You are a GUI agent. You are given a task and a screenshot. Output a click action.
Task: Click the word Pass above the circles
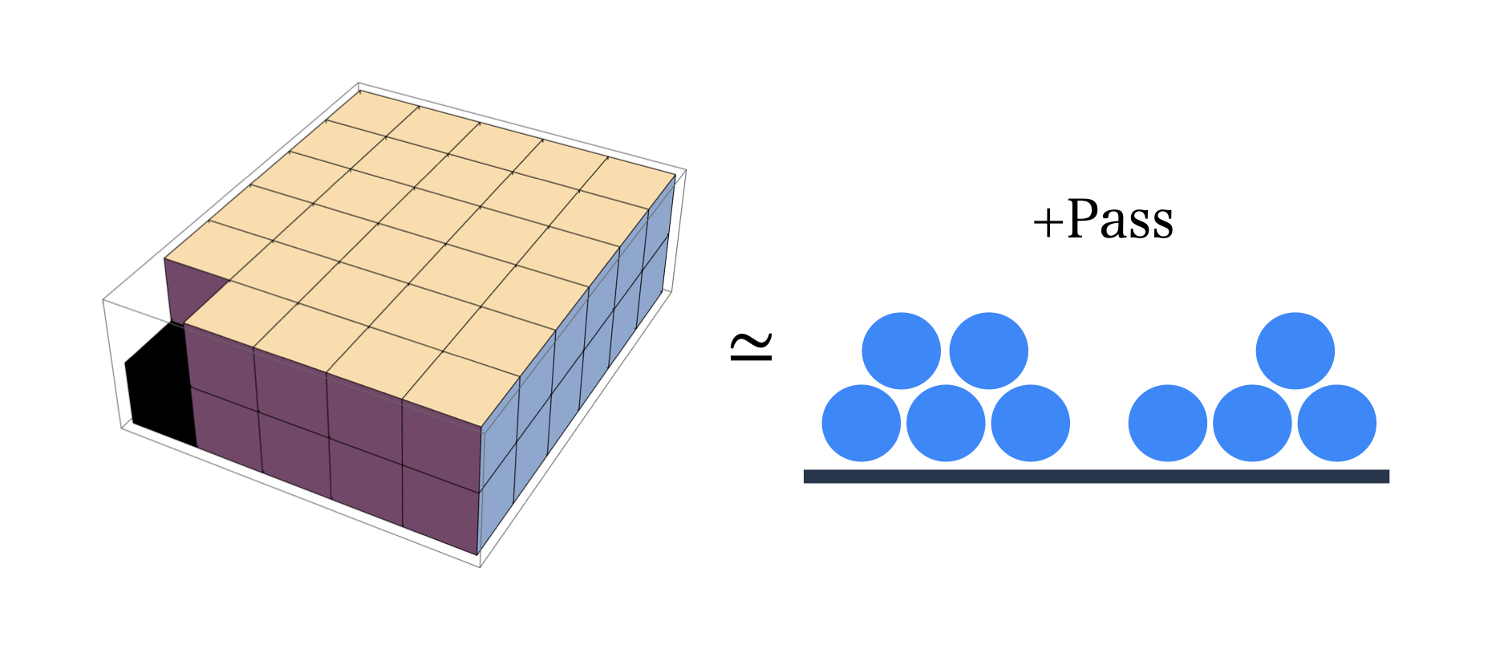click(1121, 218)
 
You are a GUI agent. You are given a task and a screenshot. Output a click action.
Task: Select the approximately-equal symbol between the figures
click(751, 346)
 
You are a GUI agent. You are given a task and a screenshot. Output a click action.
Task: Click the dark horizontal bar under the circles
click(1096, 477)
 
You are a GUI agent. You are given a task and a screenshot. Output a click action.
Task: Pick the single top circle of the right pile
click(1295, 351)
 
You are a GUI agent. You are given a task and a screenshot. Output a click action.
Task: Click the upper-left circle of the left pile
click(901, 351)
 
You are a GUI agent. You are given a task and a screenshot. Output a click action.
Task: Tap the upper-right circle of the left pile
click(988, 351)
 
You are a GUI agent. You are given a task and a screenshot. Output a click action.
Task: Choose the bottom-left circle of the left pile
click(861, 424)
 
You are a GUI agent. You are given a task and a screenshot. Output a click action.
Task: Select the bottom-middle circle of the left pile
click(946, 424)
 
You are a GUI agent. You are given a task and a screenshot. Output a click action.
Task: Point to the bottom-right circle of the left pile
click(1030, 424)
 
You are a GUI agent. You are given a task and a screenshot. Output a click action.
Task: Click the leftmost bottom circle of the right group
click(1167, 424)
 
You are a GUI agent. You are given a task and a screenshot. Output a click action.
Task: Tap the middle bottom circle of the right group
click(1252, 424)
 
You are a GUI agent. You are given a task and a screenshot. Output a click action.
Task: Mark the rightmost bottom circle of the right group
click(1336, 424)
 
